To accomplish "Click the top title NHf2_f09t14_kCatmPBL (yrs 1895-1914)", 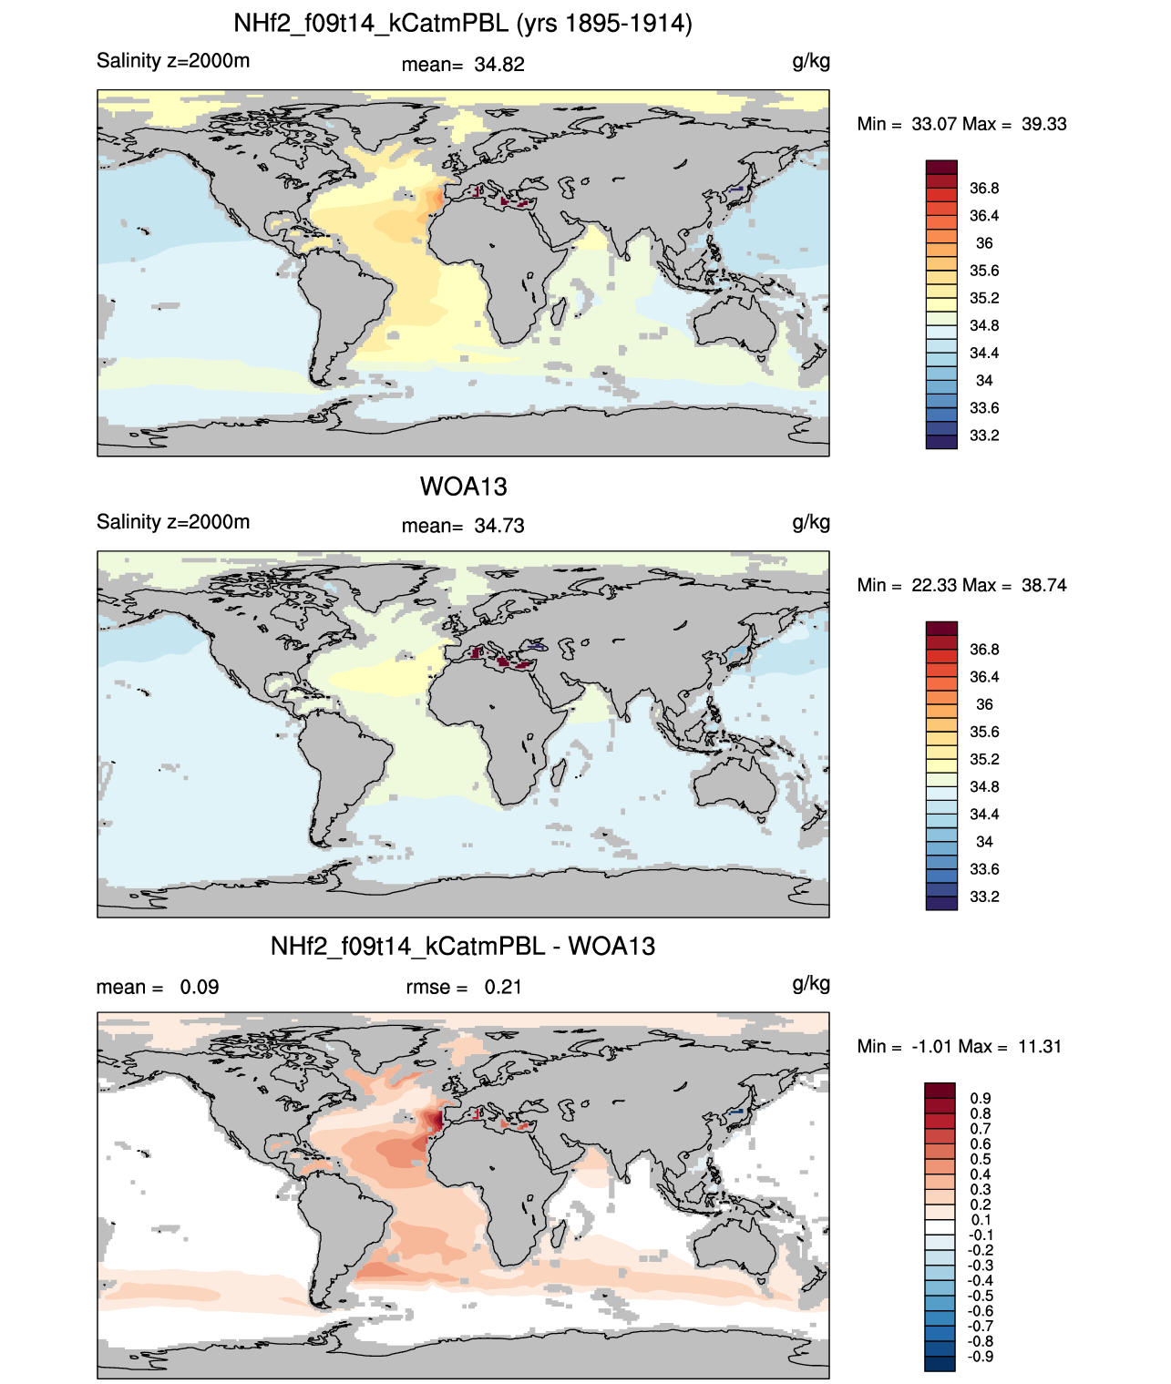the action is click(x=463, y=24).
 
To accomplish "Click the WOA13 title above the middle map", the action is click(x=463, y=487).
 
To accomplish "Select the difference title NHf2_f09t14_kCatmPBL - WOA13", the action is click(x=463, y=946).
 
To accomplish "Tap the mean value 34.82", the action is click(x=499, y=65).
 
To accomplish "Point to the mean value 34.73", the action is click(x=499, y=526).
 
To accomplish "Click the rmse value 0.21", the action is click(x=503, y=987).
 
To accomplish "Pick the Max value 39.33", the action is click(x=1043, y=124).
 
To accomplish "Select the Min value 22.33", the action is click(x=934, y=585).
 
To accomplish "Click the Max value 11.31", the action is click(x=1040, y=1047).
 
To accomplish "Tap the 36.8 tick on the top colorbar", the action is click(x=984, y=189).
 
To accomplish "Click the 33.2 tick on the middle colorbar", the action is click(x=984, y=897).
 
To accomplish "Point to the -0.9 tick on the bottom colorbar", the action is click(x=981, y=1357).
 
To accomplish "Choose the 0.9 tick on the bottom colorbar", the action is click(x=981, y=1098).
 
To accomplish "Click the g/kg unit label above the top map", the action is click(x=811, y=62).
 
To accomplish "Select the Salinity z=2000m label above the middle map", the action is click(x=173, y=521).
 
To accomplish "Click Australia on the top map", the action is click(x=734, y=323).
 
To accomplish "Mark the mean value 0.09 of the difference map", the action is click(x=200, y=987).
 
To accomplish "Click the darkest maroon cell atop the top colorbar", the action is click(x=941, y=168).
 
